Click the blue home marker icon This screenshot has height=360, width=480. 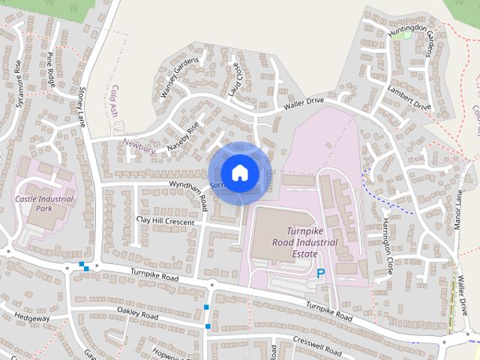tap(239, 173)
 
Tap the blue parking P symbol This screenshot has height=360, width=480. tap(322, 274)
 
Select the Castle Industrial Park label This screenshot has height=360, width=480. tap(44, 203)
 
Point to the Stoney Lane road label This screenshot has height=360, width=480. tap(82, 105)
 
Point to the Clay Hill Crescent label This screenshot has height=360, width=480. tap(165, 222)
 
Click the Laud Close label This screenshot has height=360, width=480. tap(234, 79)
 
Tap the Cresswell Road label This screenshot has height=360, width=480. tap(318, 349)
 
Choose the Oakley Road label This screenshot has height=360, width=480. tap(138, 314)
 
